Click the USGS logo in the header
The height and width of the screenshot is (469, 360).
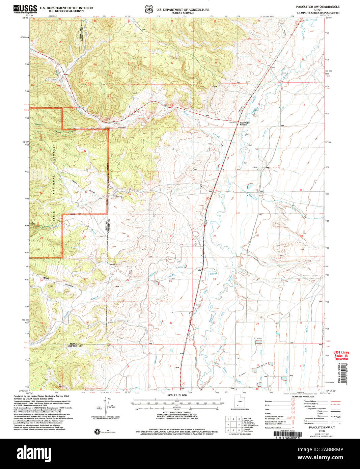coord(25,9)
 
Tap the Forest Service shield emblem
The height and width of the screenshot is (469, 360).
coord(148,10)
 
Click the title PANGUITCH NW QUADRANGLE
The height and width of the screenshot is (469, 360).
coord(317,7)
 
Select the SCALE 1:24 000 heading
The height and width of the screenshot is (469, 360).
coord(176,395)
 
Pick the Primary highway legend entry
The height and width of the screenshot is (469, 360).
coord(312,401)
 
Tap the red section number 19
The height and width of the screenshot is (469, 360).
coord(128,236)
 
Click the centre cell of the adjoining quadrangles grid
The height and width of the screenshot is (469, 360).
coord(233,425)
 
